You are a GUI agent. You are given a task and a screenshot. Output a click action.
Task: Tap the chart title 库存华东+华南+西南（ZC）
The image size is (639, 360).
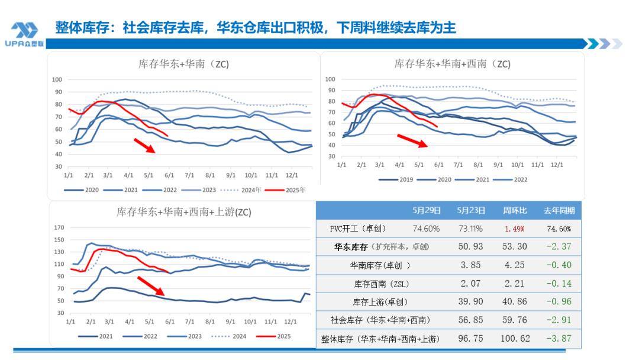point(452,63)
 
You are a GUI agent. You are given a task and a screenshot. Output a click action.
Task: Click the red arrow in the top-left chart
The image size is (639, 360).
point(145,145)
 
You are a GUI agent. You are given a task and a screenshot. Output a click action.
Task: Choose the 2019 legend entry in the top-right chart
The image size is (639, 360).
point(402,179)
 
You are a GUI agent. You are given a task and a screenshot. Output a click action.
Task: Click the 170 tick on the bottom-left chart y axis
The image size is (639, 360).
point(59,227)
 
